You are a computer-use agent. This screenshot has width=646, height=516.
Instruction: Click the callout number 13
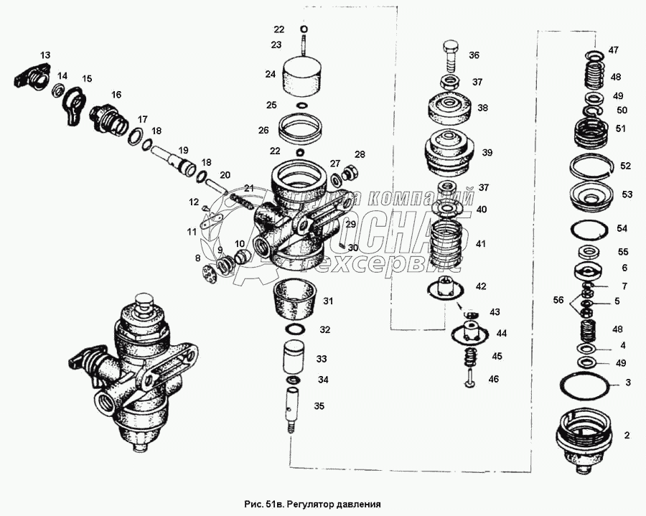pyautogui.click(x=45, y=55)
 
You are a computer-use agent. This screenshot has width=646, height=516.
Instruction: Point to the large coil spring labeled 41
pyautogui.click(x=447, y=243)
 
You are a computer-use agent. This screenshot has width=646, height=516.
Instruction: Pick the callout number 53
pyautogui.click(x=627, y=194)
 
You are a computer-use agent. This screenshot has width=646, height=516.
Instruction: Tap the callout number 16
pyautogui.click(x=116, y=94)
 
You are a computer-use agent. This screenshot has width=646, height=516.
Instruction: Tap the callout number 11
pyautogui.click(x=192, y=232)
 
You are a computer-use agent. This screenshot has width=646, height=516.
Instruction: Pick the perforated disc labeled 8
pyautogui.click(x=211, y=274)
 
